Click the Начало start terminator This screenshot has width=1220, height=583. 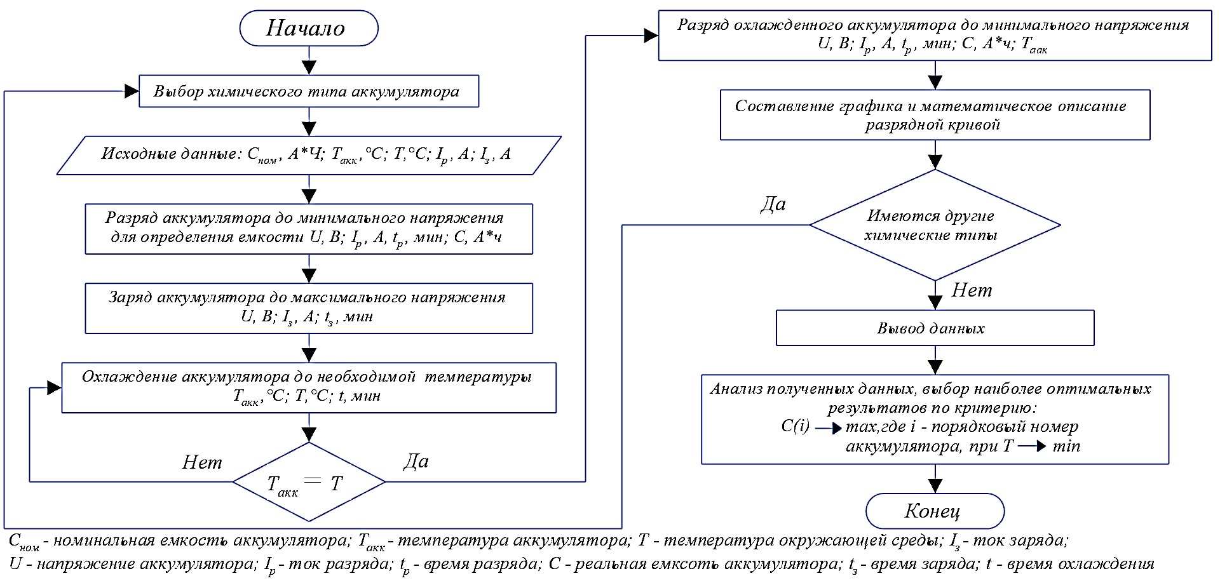tap(309, 29)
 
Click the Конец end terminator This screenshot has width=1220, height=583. tap(935, 511)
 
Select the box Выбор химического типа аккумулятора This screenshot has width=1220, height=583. tap(309, 91)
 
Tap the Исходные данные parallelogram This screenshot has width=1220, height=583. tap(309, 154)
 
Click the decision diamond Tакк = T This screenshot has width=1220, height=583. tap(309, 483)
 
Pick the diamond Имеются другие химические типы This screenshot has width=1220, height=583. tap(935, 225)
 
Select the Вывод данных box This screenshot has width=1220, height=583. tap(935, 328)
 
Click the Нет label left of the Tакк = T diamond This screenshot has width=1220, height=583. tap(202, 462)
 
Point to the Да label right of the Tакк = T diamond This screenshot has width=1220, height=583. tap(416, 461)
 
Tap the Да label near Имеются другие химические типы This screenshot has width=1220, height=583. tap(773, 204)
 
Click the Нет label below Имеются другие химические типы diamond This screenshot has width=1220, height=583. tap(972, 290)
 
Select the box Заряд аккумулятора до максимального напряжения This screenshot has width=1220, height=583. tap(309, 308)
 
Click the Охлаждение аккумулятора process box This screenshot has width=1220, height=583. tap(309, 387)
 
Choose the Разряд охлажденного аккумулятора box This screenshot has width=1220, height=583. tap(935, 36)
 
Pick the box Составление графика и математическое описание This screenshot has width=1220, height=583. tap(935, 115)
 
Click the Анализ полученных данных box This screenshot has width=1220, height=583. tap(935, 419)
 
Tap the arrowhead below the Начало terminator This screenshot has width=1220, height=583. tap(309, 68)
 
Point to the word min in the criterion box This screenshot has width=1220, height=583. tap(1066, 446)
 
